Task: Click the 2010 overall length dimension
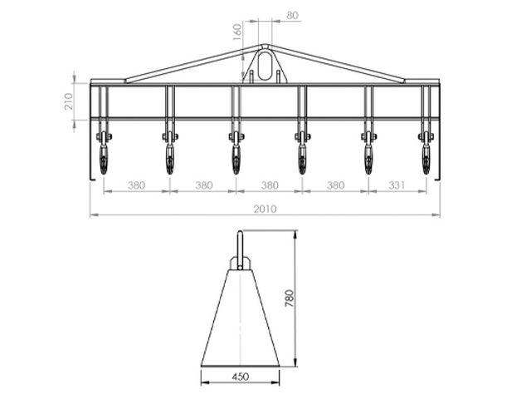265,209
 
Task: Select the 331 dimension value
397,185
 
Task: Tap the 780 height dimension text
290,298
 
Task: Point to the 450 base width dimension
240,377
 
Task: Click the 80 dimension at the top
292,15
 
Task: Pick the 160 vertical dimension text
237,32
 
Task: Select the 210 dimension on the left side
69,101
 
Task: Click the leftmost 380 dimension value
137,185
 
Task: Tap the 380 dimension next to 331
335,185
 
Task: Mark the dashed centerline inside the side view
240,316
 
